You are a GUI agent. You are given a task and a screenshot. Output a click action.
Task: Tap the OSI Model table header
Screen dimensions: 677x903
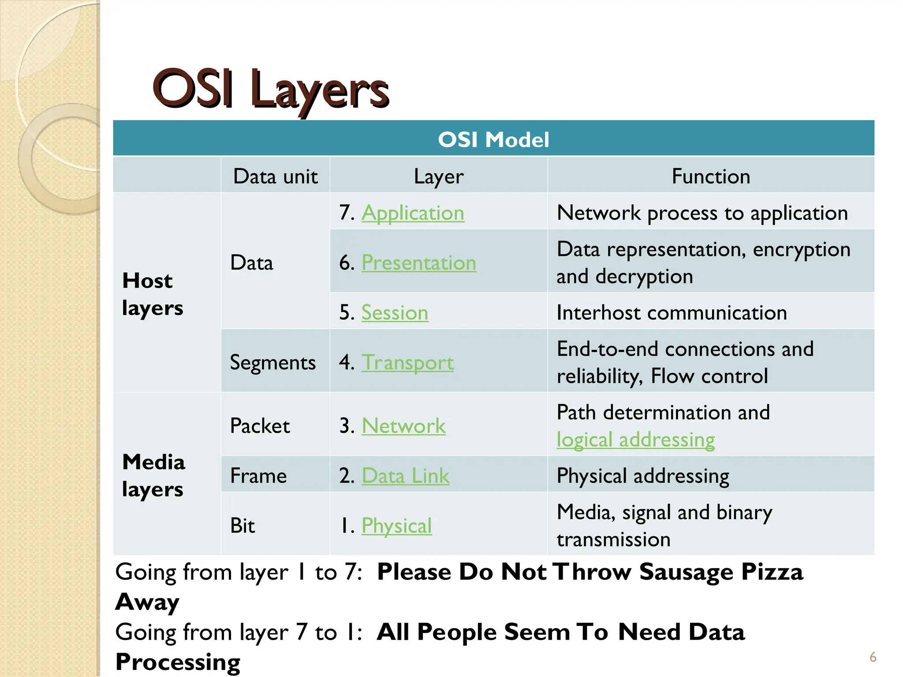click(x=493, y=139)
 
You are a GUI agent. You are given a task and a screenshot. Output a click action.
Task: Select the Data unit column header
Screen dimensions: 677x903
click(x=275, y=176)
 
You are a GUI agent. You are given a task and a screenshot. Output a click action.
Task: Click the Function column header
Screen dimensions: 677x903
click(x=711, y=176)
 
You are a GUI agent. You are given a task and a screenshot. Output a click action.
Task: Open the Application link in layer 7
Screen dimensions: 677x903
click(x=413, y=213)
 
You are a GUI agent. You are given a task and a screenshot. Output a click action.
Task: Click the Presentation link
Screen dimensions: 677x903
click(x=419, y=263)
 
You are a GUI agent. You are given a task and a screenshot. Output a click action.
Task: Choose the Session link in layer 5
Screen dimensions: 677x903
click(x=395, y=312)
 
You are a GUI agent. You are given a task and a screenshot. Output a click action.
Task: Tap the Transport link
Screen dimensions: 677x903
click(x=407, y=362)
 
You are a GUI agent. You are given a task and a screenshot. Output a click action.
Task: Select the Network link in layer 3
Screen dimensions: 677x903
click(x=403, y=426)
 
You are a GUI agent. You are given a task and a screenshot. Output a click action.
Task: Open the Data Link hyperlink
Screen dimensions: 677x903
click(x=405, y=476)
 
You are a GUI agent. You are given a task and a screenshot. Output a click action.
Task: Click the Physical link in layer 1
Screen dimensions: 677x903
click(x=396, y=525)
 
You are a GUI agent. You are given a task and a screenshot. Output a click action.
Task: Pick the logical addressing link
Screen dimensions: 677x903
click(x=635, y=439)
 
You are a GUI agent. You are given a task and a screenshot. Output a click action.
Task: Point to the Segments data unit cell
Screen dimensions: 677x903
click(x=272, y=362)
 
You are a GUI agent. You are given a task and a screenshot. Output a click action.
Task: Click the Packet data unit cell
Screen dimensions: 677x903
click(x=260, y=426)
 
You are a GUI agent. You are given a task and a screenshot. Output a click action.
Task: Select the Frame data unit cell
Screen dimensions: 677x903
click(x=258, y=476)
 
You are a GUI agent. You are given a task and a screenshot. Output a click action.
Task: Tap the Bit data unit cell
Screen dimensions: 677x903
click(x=243, y=525)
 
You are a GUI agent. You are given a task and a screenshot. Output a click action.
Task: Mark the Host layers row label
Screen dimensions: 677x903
click(x=152, y=294)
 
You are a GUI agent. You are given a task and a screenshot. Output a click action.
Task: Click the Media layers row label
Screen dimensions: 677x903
click(x=153, y=475)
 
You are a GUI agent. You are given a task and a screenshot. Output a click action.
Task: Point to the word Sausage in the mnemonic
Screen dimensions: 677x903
click(x=686, y=572)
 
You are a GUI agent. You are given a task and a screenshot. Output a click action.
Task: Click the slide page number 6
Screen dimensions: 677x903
click(x=873, y=657)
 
